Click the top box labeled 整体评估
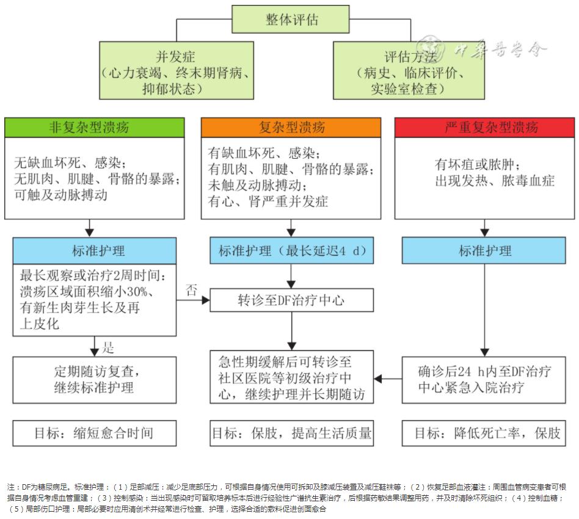tap(291, 20)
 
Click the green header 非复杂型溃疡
tap(94, 128)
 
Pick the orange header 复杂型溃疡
tap(291, 128)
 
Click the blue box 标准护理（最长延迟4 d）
tap(291, 251)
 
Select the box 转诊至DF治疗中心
tap(291, 300)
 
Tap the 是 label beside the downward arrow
tap(108, 349)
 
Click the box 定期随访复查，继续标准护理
tap(94, 379)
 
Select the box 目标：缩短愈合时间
tap(94, 434)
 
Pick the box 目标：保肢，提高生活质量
tap(291, 434)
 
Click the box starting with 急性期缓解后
tap(291, 377)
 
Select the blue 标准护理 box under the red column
tap(485, 251)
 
